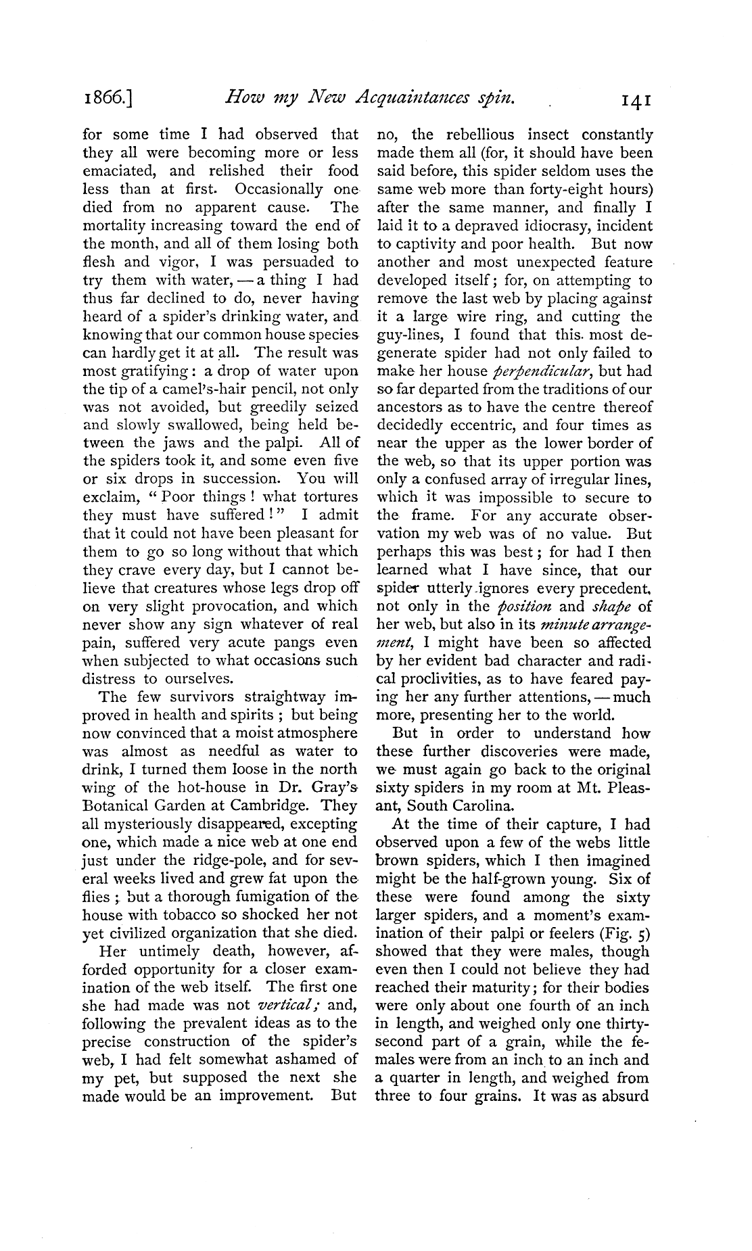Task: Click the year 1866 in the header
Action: [108, 99]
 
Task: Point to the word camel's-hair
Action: [245, 389]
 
